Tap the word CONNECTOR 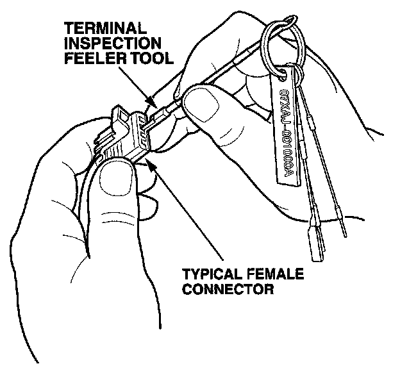point(228,289)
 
